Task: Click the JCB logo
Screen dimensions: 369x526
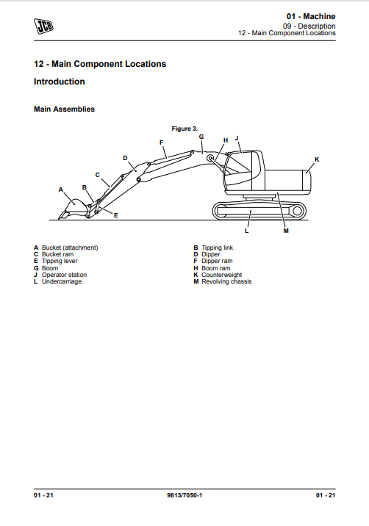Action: point(43,26)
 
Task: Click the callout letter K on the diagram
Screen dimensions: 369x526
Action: point(317,159)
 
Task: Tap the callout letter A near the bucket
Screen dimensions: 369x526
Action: point(61,190)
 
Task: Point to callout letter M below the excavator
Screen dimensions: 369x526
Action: point(286,231)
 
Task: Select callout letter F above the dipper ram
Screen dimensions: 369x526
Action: point(161,143)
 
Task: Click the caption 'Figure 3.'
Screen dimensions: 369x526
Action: point(184,129)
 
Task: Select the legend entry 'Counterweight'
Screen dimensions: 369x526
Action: point(221,275)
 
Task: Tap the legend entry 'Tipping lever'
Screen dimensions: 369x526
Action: point(60,261)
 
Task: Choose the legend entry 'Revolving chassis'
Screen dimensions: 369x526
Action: point(226,281)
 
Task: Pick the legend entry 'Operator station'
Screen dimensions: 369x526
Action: point(64,275)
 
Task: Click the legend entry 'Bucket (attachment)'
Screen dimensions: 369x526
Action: point(70,248)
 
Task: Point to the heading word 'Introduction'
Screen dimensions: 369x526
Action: point(60,82)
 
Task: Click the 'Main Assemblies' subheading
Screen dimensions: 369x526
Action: point(64,109)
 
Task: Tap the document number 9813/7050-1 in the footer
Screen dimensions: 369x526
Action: point(184,495)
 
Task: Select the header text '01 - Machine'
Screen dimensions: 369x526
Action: point(311,16)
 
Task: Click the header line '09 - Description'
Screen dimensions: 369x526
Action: point(309,26)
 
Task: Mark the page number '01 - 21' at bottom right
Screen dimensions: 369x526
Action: point(326,495)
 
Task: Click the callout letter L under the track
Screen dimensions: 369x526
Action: point(246,231)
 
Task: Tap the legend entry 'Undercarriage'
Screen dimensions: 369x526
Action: point(62,281)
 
